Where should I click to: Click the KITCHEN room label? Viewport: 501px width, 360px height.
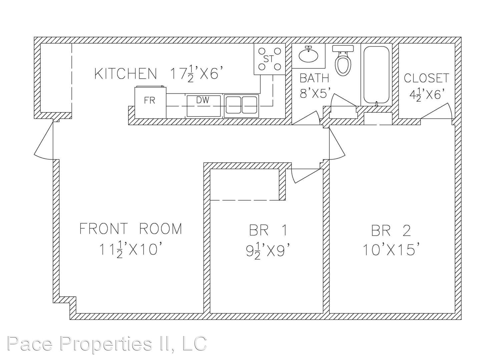point(125,74)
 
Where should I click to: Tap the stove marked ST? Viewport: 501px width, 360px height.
point(270,59)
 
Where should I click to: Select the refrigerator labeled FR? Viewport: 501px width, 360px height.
point(150,102)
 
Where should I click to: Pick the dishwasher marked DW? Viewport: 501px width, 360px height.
point(204,106)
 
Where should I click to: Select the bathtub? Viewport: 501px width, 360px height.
point(377,75)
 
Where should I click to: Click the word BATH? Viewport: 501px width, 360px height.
point(314,78)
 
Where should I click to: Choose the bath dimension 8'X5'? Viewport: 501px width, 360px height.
point(315,94)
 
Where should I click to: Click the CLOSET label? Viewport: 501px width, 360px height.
point(426,78)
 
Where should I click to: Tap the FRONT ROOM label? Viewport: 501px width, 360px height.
point(131,229)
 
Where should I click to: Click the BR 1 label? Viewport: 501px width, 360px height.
point(268,230)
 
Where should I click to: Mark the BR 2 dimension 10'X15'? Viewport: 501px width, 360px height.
point(390,249)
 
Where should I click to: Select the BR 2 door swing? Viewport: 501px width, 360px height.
point(337,144)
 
